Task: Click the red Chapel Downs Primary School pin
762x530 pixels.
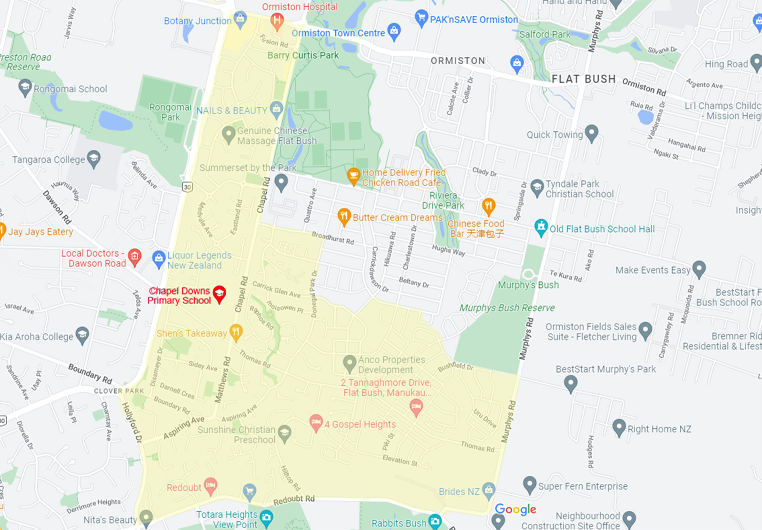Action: coord(219,294)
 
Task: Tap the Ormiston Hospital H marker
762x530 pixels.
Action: coord(277,20)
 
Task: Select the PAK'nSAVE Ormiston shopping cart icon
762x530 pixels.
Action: coord(421,18)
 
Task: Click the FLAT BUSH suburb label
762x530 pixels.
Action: coord(584,79)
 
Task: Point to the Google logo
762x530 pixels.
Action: coord(515,509)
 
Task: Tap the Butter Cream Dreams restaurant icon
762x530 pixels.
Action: coord(344,216)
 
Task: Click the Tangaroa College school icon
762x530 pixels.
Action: coord(94,159)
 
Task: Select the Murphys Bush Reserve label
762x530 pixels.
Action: coord(507,308)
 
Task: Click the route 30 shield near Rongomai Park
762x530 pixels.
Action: coord(187,187)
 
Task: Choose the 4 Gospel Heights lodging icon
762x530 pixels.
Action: coord(315,422)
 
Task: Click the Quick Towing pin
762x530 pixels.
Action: coord(591,133)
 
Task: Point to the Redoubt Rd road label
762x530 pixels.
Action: coord(294,500)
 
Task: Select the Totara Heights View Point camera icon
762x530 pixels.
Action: coord(266,517)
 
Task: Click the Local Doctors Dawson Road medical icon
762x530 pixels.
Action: coord(135,256)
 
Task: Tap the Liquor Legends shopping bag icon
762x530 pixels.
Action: coord(159,258)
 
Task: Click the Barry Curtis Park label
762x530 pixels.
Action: coord(303,55)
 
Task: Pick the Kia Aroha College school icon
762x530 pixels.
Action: coord(82,335)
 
